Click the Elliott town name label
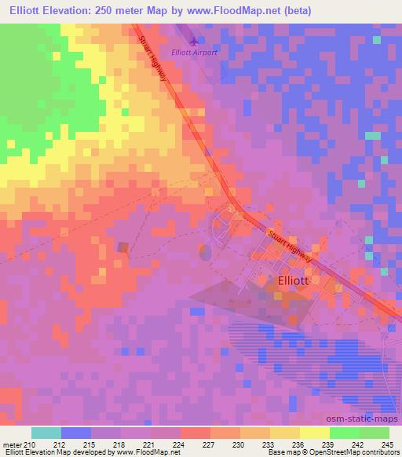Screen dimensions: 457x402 tap(294, 280)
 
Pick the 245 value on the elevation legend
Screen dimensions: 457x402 tap(386, 444)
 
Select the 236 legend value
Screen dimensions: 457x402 tap(295, 444)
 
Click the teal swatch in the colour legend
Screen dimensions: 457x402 tap(46, 433)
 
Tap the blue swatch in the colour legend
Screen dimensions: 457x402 tap(75, 433)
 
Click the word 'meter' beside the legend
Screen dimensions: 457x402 tap(13, 444)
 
